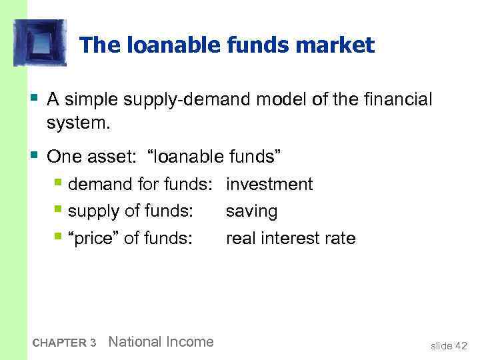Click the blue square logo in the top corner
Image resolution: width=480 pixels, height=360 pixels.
[x=40, y=43]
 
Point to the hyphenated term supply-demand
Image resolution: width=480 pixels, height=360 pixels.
[x=185, y=100]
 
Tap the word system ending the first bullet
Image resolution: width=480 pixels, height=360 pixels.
[x=74, y=125]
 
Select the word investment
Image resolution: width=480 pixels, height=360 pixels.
[x=269, y=184]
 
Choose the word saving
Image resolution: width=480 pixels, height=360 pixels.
[x=251, y=211]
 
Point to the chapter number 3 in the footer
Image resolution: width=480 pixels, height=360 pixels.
[x=93, y=343]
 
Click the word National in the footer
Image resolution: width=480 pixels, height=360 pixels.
[x=134, y=342]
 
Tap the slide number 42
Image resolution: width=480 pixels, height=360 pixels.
[x=461, y=345]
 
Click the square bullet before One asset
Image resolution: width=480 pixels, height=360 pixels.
[x=34, y=155]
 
